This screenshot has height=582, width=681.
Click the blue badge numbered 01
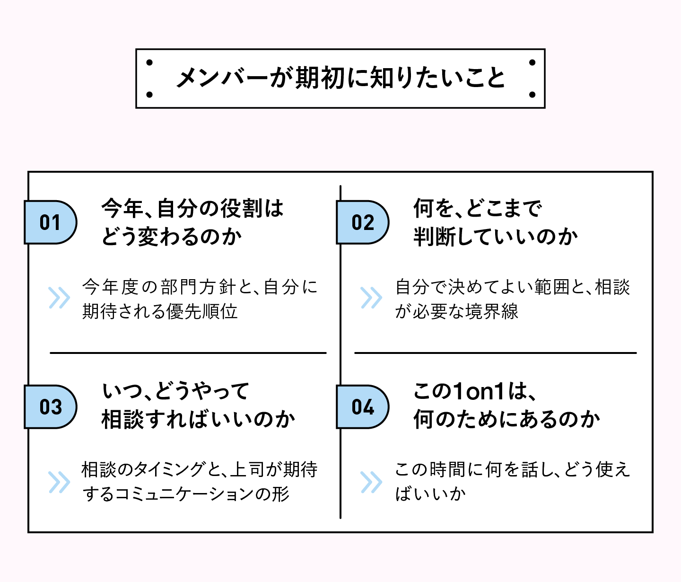(50, 222)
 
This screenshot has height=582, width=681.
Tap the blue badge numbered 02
(362, 222)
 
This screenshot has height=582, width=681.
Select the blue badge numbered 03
(50, 407)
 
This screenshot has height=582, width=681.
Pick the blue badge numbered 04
(362, 407)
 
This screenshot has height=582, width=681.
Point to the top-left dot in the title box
(149, 62)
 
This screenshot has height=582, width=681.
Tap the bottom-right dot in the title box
(532, 94)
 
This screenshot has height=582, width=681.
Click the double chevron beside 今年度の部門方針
(59, 298)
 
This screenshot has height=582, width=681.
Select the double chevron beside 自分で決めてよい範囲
(371, 298)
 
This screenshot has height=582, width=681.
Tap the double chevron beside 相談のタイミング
(59, 482)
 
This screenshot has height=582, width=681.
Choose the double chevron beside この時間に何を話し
(371, 482)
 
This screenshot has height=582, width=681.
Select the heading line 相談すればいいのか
(199, 420)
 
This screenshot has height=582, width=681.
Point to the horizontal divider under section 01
(188, 353)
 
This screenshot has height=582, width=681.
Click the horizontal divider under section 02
(495, 353)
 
